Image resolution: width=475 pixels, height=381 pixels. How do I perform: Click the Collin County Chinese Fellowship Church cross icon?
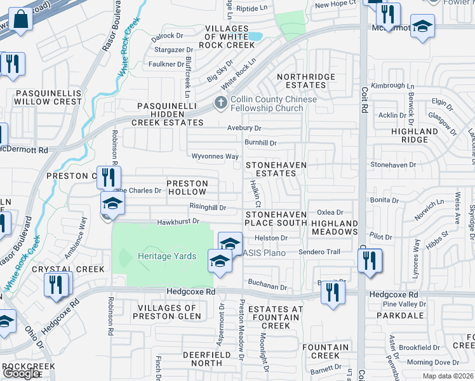tap(221, 102)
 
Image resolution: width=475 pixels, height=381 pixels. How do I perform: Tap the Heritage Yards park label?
tap(167, 256)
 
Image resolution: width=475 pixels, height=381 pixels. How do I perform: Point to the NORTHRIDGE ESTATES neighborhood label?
tap(306, 81)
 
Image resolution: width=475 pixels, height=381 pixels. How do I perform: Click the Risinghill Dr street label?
tap(208, 207)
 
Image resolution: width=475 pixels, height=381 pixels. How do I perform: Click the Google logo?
tap(20, 373)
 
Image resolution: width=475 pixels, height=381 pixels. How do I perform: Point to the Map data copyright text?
tap(448, 376)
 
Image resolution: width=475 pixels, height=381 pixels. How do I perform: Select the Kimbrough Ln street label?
tap(392, 86)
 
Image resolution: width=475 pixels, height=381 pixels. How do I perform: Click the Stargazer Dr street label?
tap(172, 50)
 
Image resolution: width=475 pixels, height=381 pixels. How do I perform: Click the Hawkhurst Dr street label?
tap(178, 222)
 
